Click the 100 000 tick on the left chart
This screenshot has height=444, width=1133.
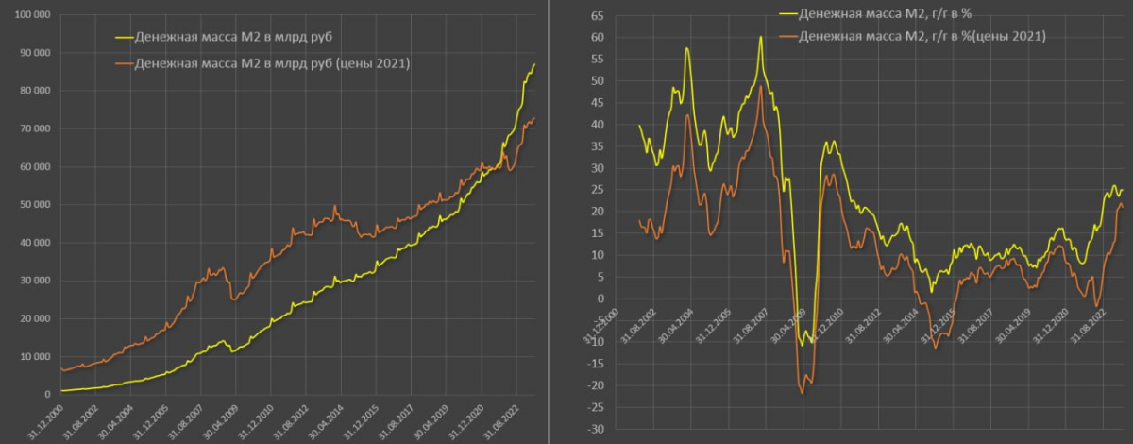tap(32, 15)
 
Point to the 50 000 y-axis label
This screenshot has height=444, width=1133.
tap(34, 205)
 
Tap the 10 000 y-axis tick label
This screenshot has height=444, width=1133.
tap(34, 356)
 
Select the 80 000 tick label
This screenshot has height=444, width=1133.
tap(34, 91)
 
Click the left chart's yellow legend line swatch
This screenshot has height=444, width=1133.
tap(125, 38)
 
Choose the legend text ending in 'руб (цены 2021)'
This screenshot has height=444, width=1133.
tap(272, 64)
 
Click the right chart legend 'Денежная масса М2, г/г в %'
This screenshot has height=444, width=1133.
tap(886, 13)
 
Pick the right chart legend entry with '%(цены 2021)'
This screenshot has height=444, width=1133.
tap(922, 37)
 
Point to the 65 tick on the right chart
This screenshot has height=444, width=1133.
tap(598, 16)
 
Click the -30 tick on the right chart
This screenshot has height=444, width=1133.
tap(596, 429)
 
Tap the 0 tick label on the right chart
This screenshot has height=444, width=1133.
tap(600, 299)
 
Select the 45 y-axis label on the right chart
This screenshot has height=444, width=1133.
tap(598, 103)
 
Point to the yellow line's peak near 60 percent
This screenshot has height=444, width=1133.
tap(760, 37)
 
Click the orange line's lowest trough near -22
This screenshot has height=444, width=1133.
tap(803, 393)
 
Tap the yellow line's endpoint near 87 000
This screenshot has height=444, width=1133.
tap(534, 64)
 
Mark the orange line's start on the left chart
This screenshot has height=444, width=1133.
tap(61, 368)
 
